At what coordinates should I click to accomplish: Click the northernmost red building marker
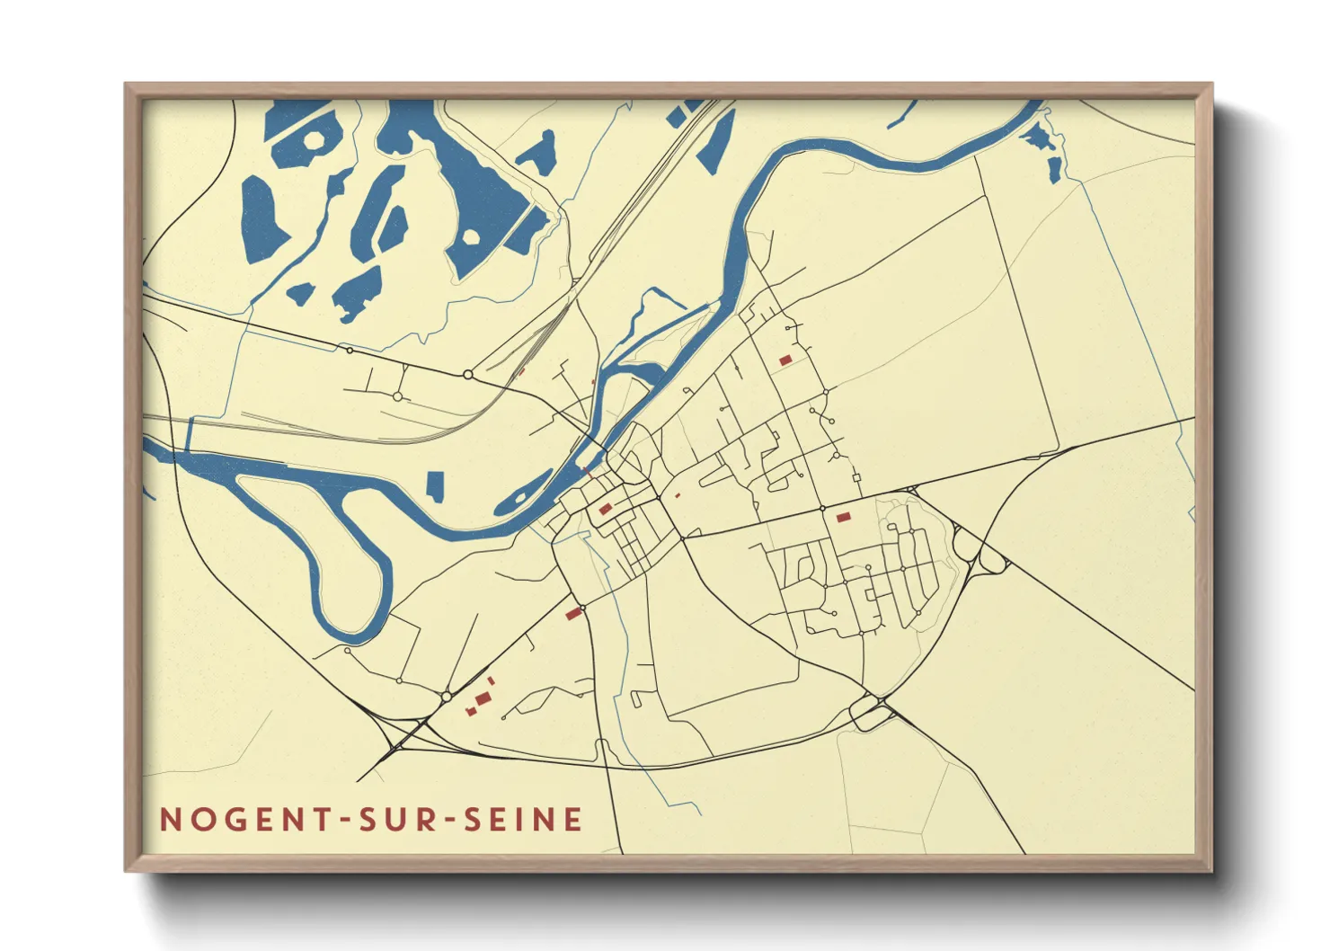point(785,360)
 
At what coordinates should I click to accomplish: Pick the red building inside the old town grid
point(606,510)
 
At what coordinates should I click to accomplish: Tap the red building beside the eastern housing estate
point(843,517)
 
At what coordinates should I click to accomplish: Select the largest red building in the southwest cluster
point(483,698)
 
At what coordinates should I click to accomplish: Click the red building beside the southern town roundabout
point(573,614)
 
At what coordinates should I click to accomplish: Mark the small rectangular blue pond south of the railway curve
point(435,485)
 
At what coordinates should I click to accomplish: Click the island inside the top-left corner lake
point(314,139)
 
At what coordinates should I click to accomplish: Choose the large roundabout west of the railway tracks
point(467,374)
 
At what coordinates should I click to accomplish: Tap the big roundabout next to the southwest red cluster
point(446,697)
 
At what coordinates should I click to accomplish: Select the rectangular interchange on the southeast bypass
point(869,712)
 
